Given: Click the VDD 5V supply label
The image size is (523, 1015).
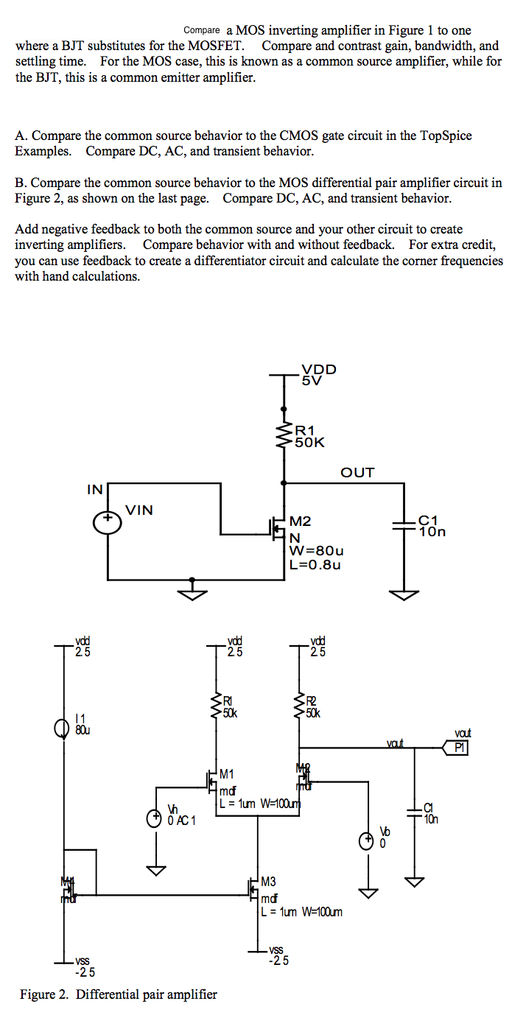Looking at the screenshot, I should click(x=318, y=375).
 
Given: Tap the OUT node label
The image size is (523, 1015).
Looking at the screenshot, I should click(x=357, y=473).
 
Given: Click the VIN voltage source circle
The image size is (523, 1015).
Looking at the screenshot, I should click(x=108, y=521).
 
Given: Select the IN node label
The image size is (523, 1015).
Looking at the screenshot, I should click(x=95, y=489).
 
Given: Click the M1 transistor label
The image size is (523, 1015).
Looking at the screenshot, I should click(x=227, y=774).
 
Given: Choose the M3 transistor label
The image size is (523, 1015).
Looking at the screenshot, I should click(x=269, y=881).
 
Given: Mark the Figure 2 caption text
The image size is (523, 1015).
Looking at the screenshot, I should click(x=119, y=994).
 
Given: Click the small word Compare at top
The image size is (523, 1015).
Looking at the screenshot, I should click(x=202, y=30).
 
